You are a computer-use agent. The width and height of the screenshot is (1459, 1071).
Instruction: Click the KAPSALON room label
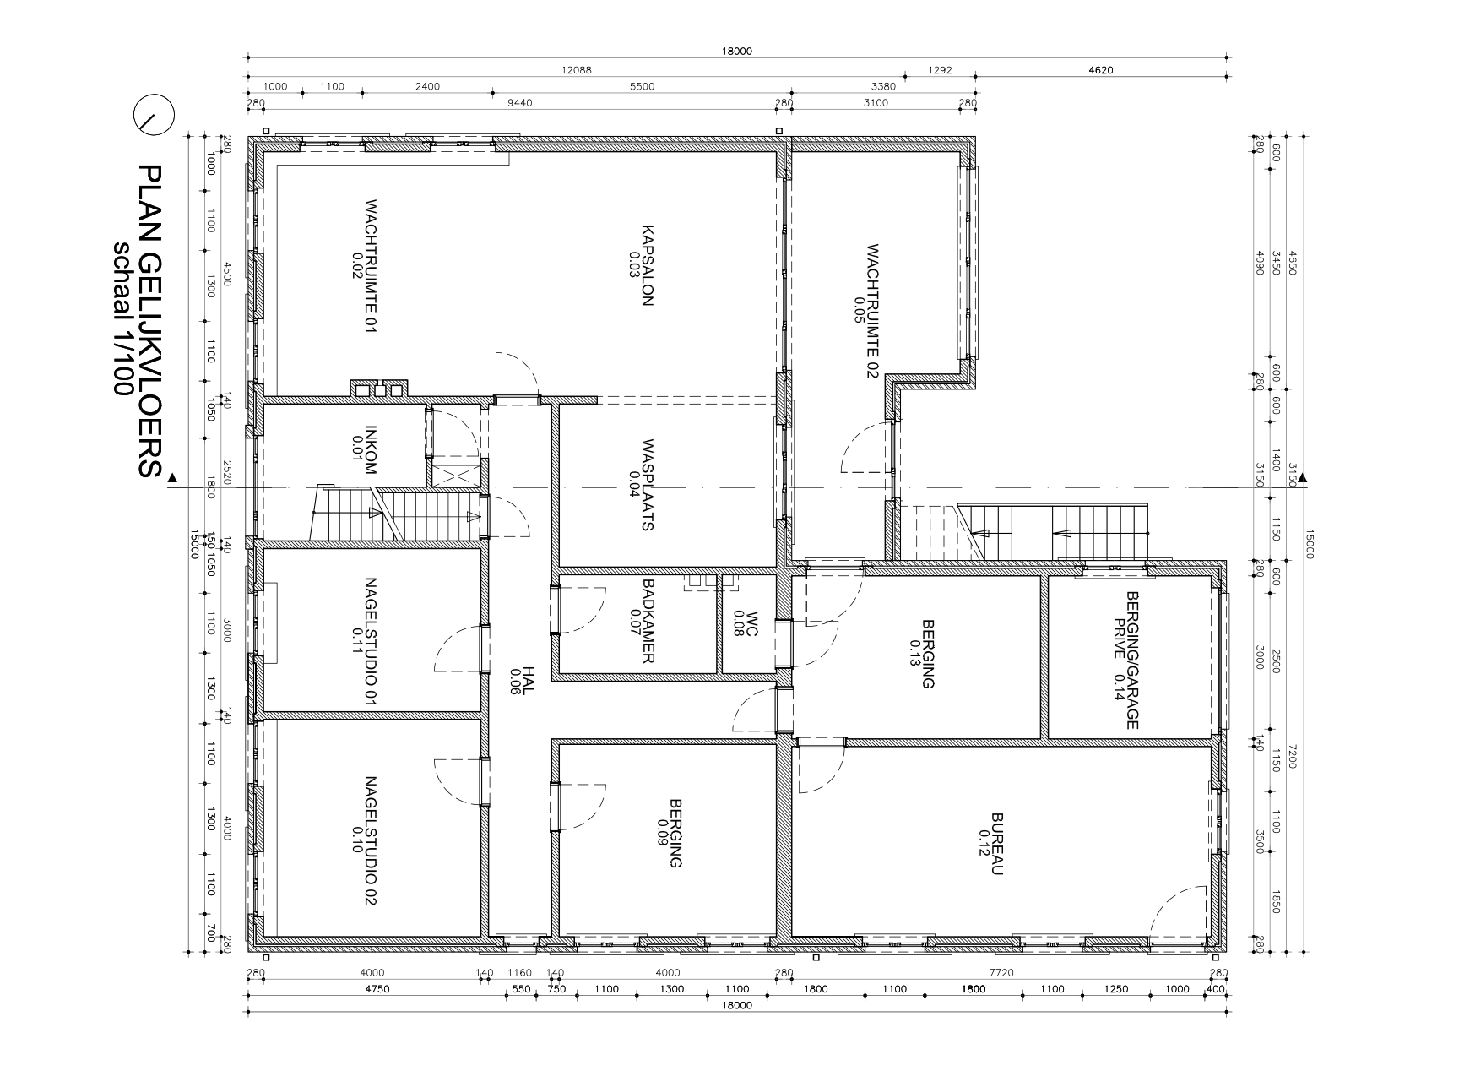[647, 265]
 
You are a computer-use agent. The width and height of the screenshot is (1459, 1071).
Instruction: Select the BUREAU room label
[997, 845]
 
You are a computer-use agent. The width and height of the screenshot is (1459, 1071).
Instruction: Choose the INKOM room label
[369, 449]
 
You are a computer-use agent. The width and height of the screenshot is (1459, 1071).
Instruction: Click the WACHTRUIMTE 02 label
[872, 312]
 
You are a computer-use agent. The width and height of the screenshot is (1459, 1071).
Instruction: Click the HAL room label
[528, 680]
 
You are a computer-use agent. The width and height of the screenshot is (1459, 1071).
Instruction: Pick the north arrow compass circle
[154, 115]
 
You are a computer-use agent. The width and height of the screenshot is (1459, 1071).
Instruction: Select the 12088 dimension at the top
[576, 70]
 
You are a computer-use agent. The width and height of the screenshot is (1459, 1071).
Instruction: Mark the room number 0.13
[915, 654]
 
